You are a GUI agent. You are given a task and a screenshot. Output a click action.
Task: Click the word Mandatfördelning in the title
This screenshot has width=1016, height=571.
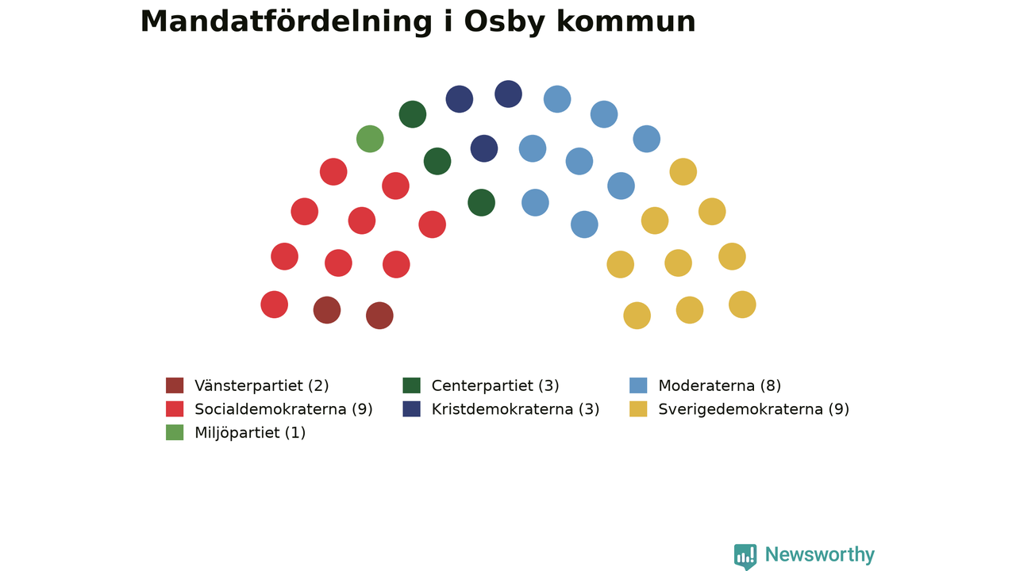coord(287,22)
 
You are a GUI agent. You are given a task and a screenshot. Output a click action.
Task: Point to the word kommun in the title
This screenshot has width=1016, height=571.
coord(626,22)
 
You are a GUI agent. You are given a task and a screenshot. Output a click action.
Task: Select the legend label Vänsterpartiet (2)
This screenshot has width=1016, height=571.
coord(262,385)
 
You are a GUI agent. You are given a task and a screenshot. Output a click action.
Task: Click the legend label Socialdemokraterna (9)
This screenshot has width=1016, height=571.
coord(283,409)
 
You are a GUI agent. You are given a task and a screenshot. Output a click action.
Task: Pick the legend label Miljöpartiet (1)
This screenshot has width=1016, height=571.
coord(250,433)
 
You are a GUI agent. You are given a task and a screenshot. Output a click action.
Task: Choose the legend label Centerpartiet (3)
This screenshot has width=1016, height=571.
coord(495,385)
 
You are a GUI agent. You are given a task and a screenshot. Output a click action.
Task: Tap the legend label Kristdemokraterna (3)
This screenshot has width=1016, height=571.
coord(515,409)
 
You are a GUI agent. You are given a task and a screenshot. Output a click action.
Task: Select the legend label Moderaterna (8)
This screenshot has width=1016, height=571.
coord(720,385)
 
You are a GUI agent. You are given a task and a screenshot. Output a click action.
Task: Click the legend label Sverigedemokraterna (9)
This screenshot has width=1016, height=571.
coord(754,409)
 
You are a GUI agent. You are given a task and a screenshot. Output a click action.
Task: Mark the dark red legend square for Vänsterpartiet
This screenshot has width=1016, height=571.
coord(175,385)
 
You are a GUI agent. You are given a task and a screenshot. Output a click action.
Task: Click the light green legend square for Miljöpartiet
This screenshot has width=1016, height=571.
coord(175,432)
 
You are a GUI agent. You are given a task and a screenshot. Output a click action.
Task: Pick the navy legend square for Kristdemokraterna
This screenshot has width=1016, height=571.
coord(411,408)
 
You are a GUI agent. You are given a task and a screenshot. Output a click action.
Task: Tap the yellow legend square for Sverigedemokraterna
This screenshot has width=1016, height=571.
coord(638,408)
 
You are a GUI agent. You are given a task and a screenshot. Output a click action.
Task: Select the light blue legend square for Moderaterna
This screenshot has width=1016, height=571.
coord(638,385)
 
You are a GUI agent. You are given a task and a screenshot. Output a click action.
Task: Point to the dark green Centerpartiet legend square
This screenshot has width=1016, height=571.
coord(411,385)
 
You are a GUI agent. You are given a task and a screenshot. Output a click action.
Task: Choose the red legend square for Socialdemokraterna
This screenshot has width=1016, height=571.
coord(175,408)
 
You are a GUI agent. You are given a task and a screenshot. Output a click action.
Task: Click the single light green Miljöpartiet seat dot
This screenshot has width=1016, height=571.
coord(370,139)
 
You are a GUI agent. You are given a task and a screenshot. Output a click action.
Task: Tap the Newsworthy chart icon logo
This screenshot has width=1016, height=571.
coord(745,557)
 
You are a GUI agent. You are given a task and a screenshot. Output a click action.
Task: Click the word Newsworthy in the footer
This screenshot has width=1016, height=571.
coord(820,554)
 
